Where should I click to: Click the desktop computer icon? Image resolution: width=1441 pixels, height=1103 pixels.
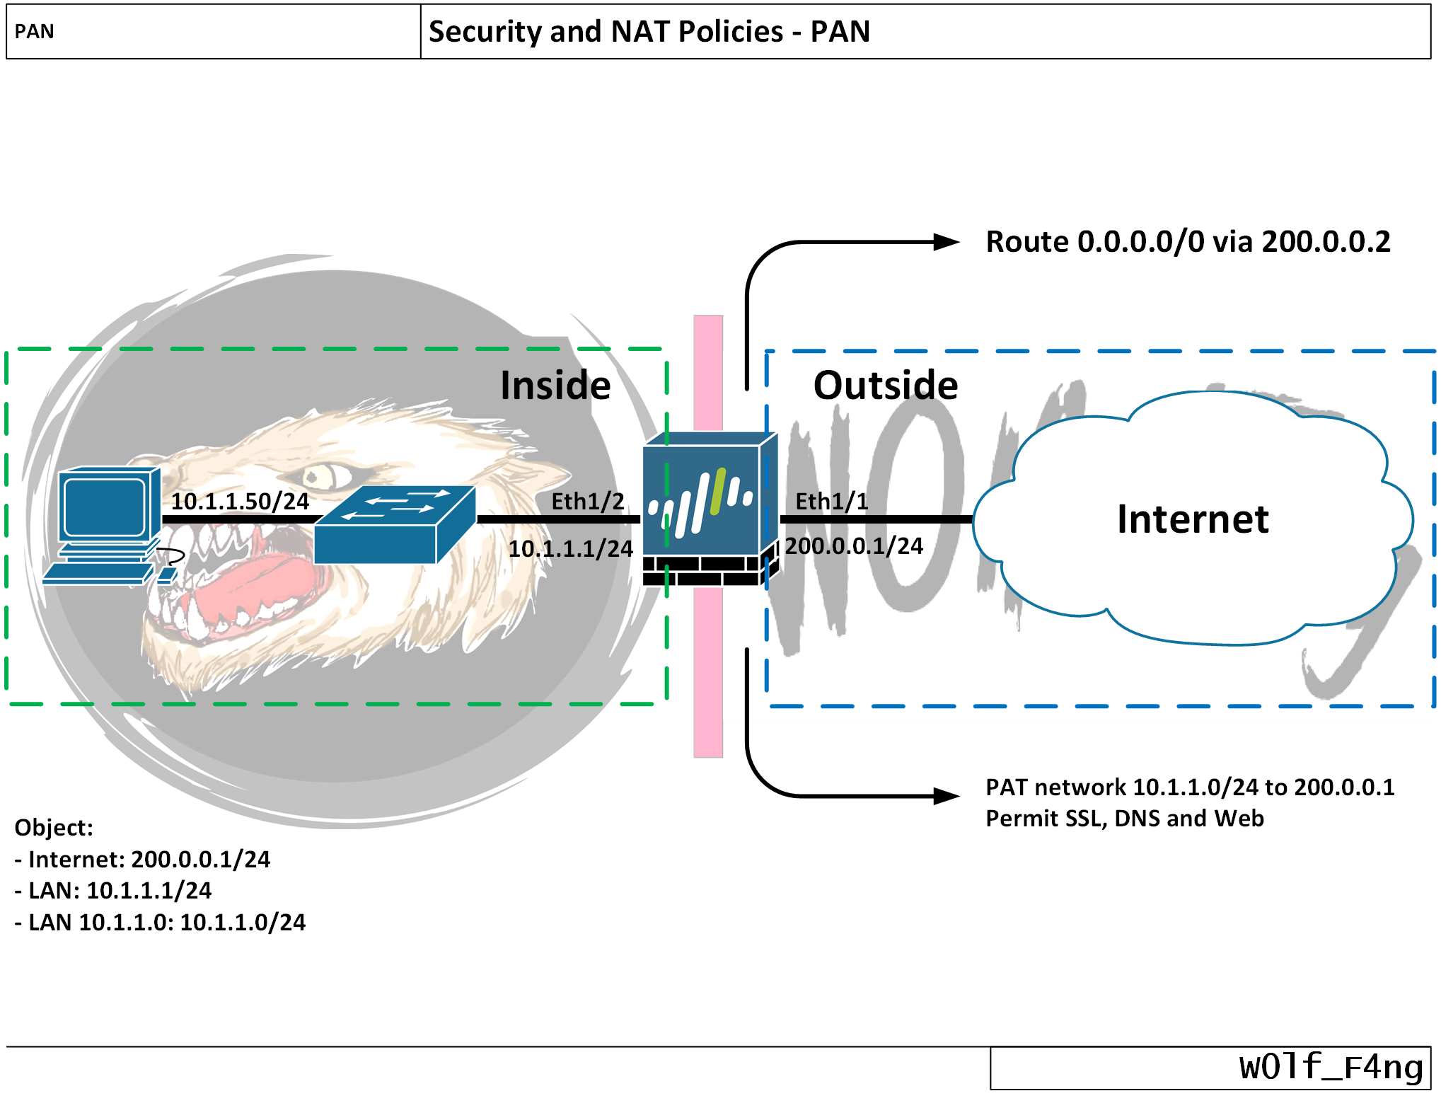pyautogui.click(x=106, y=524)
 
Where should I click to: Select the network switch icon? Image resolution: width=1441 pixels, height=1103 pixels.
pyautogui.click(x=394, y=525)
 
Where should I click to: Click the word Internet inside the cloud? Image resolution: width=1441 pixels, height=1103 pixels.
pyautogui.click(x=1193, y=519)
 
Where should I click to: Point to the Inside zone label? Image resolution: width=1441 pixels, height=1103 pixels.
pyautogui.click(x=555, y=386)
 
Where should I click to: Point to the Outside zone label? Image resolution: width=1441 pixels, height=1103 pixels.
pyautogui.click(x=885, y=386)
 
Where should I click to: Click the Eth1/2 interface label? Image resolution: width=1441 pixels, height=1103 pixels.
pyautogui.click(x=588, y=502)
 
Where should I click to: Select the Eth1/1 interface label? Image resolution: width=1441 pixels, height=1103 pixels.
pyautogui.click(x=831, y=502)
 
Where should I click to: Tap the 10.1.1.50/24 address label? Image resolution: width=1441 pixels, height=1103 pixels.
pyautogui.click(x=240, y=502)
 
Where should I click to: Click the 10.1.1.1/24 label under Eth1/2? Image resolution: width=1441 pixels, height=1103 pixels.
pyautogui.click(x=570, y=549)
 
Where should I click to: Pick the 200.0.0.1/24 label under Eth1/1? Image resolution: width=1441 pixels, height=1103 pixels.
pyautogui.click(x=854, y=546)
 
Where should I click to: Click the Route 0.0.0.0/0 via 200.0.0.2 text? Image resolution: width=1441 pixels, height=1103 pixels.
pyautogui.click(x=1188, y=242)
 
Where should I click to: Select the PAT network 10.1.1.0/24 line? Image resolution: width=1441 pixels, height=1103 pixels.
pyautogui.click(x=1190, y=787)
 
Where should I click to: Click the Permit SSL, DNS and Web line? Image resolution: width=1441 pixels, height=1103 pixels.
pyautogui.click(x=1124, y=819)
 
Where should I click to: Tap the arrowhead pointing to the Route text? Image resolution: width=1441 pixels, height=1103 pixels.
pyautogui.click(x=947, y=242)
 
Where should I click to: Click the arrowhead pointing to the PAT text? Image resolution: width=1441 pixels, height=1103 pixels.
pyautogui.click(x=947, y=797)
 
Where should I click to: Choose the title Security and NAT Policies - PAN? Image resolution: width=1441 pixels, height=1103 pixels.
pyautogui.click(x=649, y=32)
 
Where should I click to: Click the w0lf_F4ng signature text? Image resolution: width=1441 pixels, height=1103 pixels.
pyautogui.click(x=1331, y=1068)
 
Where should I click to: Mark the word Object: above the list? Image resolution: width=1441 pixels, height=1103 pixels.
pyautogui.click(x=54, y=828)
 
